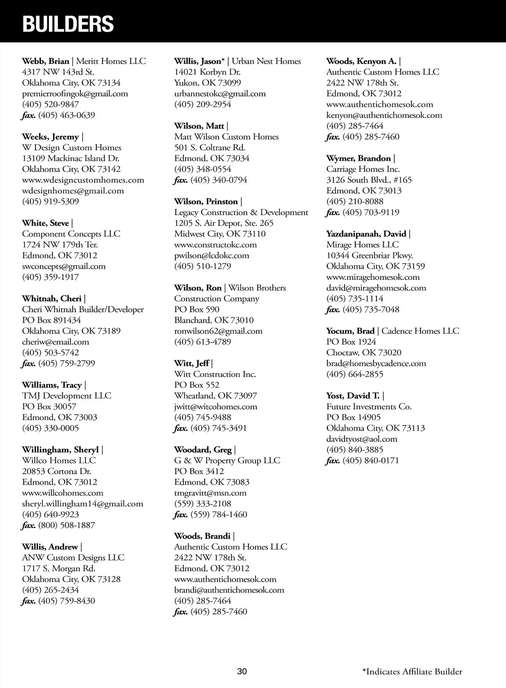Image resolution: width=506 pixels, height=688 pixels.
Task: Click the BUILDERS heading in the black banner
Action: pos(68,24)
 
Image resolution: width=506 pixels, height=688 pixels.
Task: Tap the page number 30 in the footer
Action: pos(242,672)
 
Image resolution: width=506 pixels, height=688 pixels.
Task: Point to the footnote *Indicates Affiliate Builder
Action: pos(412,672)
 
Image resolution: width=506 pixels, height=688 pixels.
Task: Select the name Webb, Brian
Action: pos(46,61)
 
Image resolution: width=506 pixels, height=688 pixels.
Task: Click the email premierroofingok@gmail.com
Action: pos(75,94)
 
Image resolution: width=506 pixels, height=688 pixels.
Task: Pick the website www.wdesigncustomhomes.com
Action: pos(83,180)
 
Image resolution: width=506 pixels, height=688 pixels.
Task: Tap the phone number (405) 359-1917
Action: pos(51,277)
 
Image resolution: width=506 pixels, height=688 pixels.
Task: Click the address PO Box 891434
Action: pos(51,320)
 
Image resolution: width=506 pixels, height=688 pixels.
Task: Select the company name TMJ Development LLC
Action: pos(67,396)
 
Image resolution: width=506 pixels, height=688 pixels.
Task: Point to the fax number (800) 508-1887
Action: pos(67,525)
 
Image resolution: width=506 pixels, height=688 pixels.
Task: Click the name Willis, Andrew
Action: pos(50,547)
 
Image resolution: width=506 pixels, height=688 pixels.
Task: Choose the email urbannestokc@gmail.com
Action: pos(220,94)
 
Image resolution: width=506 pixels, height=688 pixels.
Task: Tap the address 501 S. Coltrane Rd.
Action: pos(210,148)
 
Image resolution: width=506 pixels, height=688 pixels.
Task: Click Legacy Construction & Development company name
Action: pos(241,212)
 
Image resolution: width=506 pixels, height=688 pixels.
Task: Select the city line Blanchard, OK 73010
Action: pos(214,320)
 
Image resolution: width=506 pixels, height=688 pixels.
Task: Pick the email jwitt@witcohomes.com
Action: pos(215,407)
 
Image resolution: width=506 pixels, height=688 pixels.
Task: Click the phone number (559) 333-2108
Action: pos(203,504)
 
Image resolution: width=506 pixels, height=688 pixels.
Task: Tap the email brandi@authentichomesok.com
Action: pos(229,590)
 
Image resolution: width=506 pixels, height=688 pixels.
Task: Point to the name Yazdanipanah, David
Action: pos(366,234)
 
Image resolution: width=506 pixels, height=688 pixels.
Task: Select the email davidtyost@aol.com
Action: pos(362,439)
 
